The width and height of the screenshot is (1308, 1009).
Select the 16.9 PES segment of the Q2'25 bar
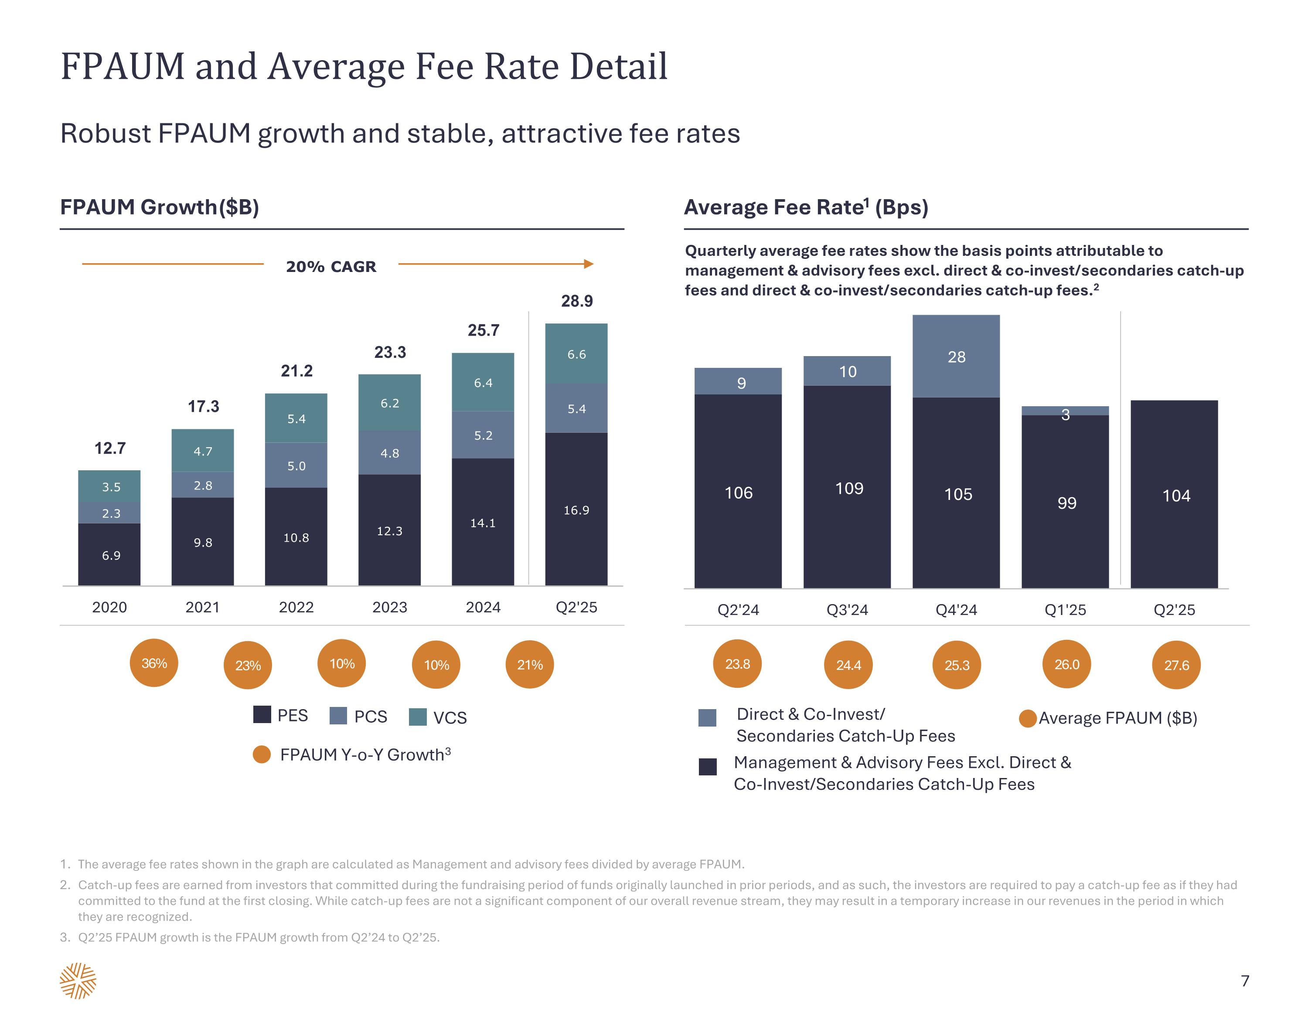[x=576, y=509]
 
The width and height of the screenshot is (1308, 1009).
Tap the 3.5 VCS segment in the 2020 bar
[x=109, y=486]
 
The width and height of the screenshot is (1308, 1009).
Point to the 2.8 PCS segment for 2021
[x=202, y=485]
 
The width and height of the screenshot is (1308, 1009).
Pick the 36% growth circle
[x=154, y=663]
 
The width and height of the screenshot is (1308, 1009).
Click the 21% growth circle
[x=529, y=665]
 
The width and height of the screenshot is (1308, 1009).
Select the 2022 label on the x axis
[x=296, y=607]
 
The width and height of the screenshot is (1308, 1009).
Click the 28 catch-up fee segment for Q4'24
[x=956, y=357]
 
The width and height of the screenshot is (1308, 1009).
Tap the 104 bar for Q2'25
[x=1174, y=495]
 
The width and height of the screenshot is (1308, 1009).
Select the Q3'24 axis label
[x=847, y=610]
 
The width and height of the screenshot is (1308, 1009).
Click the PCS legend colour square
[x=338, y=716]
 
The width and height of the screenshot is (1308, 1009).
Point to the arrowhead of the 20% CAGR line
[x=589, y=264]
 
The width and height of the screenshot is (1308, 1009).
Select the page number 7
[x=1244, y=981]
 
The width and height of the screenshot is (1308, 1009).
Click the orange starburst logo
[x=78, y=981]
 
